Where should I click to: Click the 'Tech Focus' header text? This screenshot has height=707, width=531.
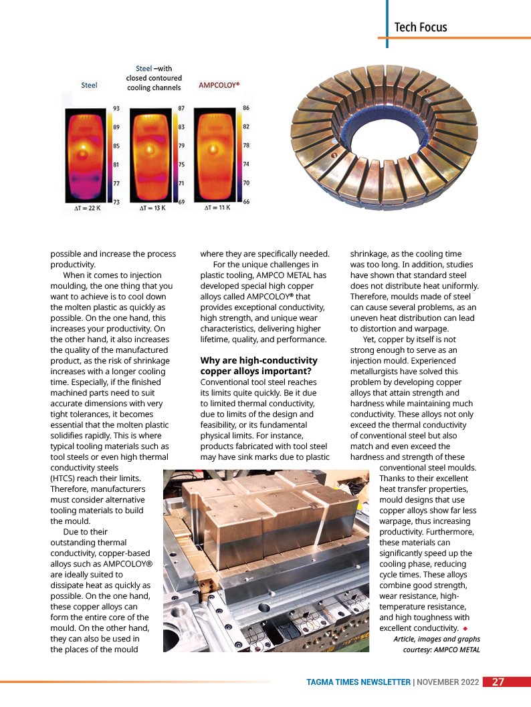[420, 27]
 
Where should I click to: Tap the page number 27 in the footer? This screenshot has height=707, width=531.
[498, 682]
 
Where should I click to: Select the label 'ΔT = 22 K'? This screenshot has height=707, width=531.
[87, 208]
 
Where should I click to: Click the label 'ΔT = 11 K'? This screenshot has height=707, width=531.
[217, 208]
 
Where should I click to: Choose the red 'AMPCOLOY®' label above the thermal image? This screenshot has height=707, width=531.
[219, 86]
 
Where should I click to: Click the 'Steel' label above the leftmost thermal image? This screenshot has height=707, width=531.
[89, 86]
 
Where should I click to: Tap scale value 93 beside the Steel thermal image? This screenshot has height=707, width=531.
[116, 109]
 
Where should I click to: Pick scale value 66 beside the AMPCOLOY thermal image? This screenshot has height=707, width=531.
[246, 201]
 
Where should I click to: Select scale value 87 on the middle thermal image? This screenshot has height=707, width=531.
[181, 108]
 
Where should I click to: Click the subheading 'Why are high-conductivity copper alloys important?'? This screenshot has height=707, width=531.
[256, 366]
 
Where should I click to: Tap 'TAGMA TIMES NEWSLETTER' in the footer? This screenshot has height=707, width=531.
[358, 682]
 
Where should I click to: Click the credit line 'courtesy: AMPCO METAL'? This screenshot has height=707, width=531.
[441, 650]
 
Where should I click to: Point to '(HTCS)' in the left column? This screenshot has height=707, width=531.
[65, 478]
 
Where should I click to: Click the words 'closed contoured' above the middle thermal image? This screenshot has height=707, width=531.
[154, 78]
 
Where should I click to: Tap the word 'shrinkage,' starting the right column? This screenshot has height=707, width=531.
[370, 254]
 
